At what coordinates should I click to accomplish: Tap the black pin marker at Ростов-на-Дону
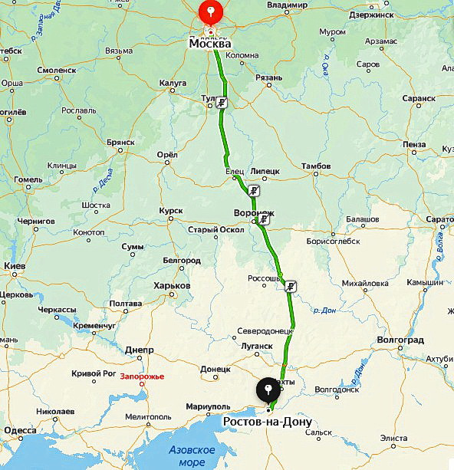pos(268,391)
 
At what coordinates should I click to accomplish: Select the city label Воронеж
pos(254,213)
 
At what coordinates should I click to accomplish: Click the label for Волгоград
pos(402,340)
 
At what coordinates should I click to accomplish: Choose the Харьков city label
pos(172,285)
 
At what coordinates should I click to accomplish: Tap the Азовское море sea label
pos(192,455)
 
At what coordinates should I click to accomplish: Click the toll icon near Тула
pos(221,103)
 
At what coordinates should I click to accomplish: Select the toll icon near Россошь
pos(290,287)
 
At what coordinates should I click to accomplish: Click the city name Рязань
pos(268,77)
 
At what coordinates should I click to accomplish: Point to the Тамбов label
pos(316,166)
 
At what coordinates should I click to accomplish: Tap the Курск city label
pos(170,210)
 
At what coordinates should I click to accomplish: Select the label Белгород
pos(182,261)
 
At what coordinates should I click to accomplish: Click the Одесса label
pos(19,431)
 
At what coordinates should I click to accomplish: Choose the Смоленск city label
pos(56,70)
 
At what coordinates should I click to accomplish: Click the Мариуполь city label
pos(208,406)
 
